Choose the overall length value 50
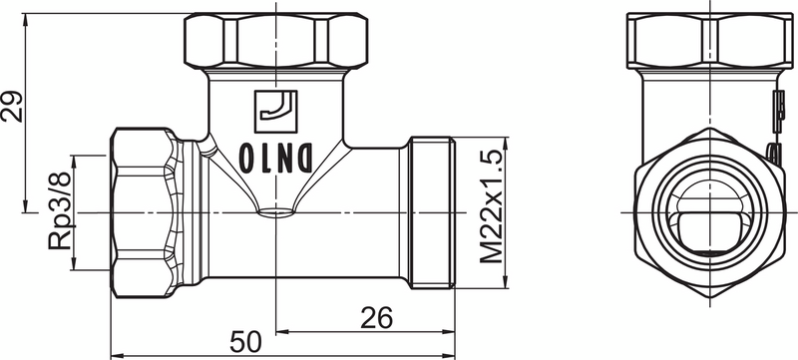[x=244, y=341]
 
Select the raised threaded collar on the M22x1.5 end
[x=431, y=212]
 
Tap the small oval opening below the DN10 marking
[x=276, y=211]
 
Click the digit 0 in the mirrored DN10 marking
[x=245, y=158]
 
